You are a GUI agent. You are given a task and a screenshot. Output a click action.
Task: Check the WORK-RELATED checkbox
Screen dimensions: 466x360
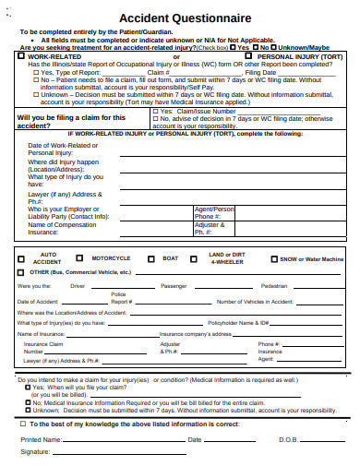point(21,55)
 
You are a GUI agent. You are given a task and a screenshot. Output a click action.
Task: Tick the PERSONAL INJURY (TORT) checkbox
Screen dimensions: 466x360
point(237,55)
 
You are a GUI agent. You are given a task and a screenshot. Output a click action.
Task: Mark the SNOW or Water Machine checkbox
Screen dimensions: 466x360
point(273,259)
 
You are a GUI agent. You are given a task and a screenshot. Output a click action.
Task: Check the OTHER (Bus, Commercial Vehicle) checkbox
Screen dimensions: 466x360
point(21,273)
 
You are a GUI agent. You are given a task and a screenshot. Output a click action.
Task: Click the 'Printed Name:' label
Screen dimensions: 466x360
point(40,440)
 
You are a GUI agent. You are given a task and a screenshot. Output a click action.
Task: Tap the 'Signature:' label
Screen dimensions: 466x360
point(35,452)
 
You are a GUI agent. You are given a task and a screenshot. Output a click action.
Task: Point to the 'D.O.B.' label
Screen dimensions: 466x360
point(287,440)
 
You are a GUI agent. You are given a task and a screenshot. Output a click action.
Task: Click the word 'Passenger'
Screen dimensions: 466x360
point(174,286)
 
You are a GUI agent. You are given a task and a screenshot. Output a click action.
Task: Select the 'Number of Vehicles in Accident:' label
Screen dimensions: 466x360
point(255,302)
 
